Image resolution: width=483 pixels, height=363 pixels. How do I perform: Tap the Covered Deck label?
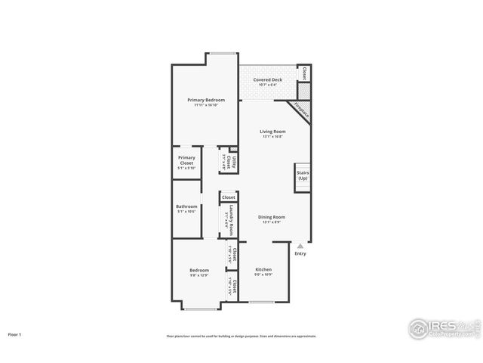click(267, 79)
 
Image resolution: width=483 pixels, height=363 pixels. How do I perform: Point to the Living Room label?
click(272, 132)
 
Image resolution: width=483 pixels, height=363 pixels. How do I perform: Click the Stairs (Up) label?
click(302, 175)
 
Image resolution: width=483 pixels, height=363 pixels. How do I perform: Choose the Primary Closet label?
click(186, 160)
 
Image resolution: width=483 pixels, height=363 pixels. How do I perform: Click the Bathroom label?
click(186, 206)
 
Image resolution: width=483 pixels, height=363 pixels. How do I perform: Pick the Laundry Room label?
click(232, 220)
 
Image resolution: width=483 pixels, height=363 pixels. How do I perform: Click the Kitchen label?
click(263, 269)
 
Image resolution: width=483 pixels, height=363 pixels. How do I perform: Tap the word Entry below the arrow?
click(300, 253)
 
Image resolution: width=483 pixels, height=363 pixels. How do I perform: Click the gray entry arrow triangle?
click(300, 245)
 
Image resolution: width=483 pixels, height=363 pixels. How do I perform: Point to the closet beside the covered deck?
click(303, 73)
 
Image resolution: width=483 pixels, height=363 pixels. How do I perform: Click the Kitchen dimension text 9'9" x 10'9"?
click(263, 275)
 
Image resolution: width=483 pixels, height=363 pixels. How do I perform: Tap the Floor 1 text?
click(15, 334)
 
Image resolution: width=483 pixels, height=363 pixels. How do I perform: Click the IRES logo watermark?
click(442, 327)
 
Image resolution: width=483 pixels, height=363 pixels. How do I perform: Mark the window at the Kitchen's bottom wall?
click(261, 302)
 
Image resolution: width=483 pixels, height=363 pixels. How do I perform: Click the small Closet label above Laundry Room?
click(228, 197)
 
